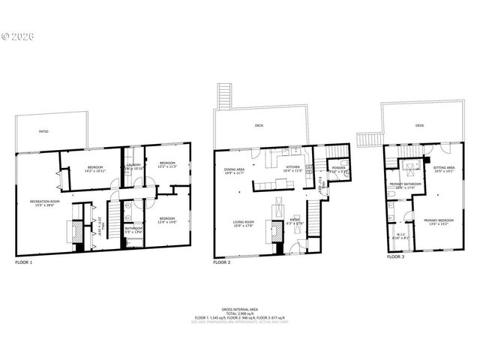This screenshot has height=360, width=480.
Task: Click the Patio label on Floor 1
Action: tap(43, 131)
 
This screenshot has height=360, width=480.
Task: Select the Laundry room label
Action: tap(134, 166)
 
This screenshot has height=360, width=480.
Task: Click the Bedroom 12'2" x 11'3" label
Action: tap(166, 164)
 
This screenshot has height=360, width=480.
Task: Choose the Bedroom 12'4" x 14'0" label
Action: tap(166, 220)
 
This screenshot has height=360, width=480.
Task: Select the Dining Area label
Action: tap(235, 171)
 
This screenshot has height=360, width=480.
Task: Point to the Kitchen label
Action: tap(292, 169)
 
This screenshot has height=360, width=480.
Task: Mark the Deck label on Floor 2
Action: tap(259, 125)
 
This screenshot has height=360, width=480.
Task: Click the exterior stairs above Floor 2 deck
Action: tap(222, 97)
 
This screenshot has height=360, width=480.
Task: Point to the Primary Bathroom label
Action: tap(403, 185)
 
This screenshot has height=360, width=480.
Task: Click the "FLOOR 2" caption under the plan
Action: tap(221, 263)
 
